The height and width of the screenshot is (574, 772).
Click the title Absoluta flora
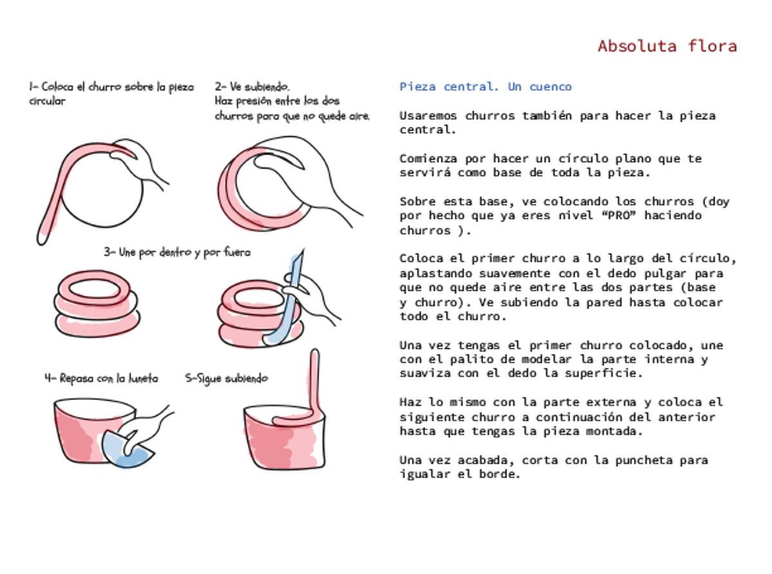(667, 46)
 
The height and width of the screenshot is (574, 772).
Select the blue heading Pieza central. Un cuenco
(485, 87)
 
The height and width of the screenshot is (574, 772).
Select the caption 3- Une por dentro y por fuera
(177, 252)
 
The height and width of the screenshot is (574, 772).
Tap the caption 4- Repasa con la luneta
(101, 378)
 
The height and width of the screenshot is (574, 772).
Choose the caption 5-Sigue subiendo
(226, 378)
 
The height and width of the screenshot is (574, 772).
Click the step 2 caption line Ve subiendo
(252, 86)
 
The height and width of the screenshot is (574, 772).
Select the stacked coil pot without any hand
(96, 302)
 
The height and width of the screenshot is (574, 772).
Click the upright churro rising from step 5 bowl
(314, 380)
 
